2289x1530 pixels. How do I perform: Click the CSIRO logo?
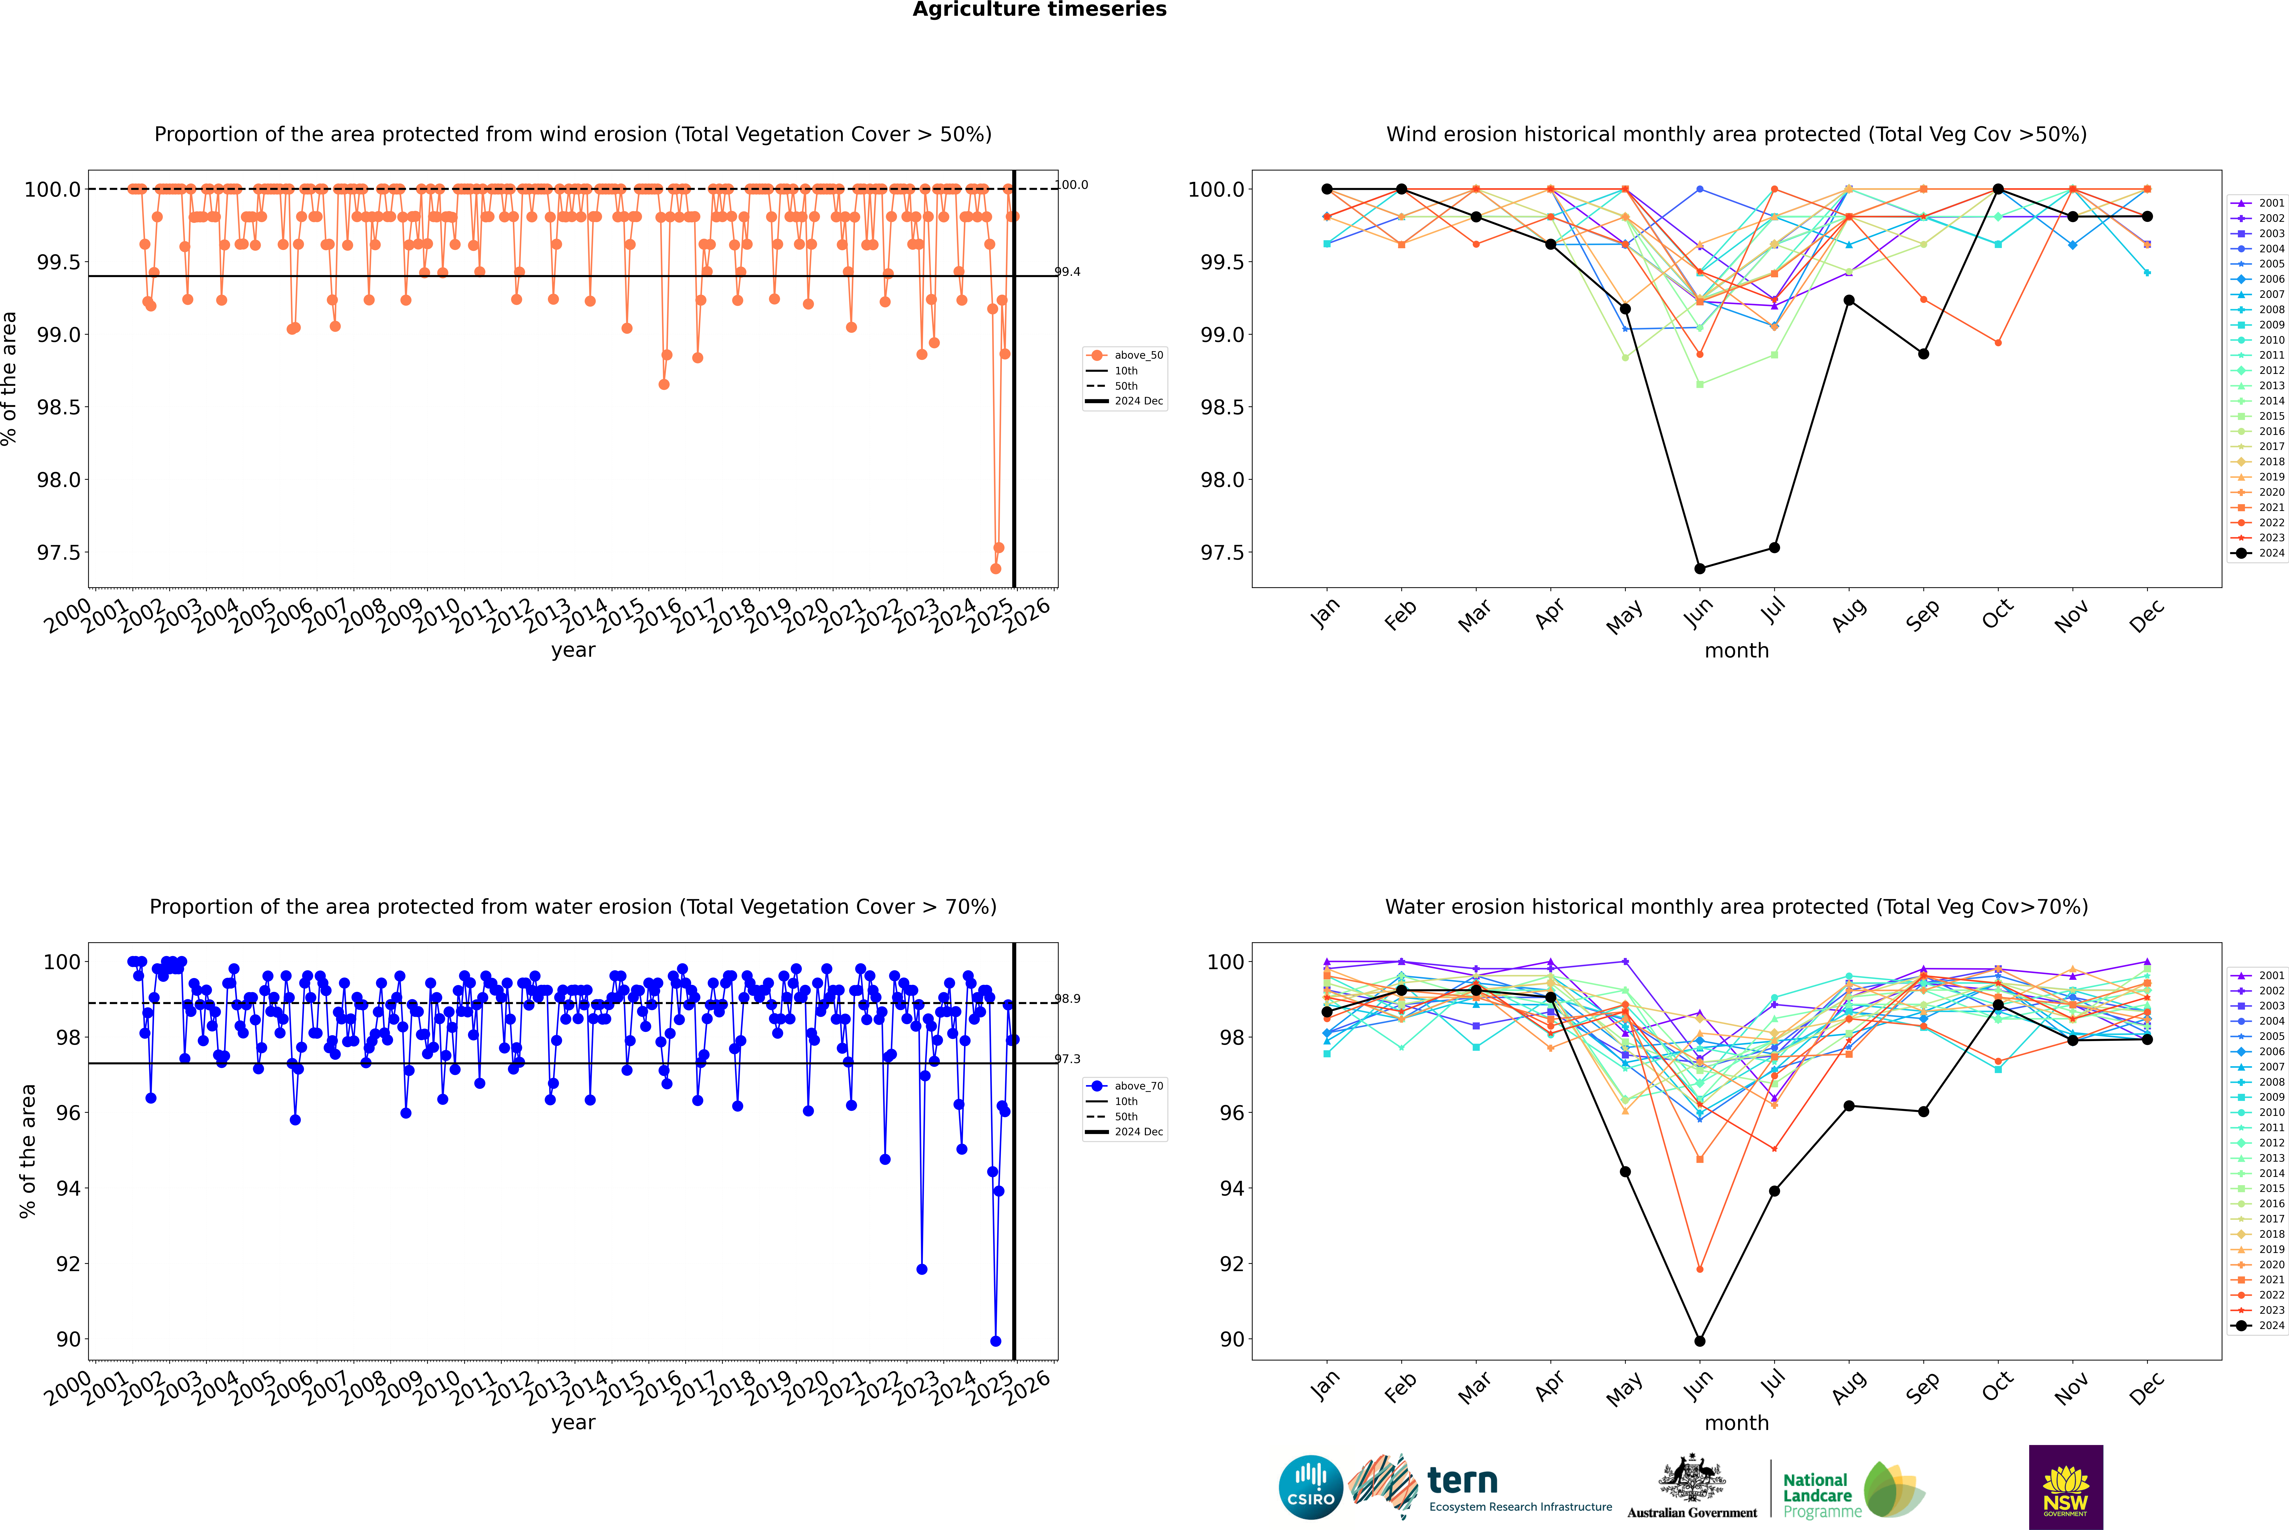[1310, 1487]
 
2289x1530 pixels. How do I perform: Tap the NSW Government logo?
[2065, 1487]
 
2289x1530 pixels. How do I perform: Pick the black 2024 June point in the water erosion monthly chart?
[1700, 1341]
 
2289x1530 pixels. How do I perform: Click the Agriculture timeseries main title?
[1039, 10]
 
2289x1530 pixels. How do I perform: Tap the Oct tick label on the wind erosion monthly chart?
[1996, 615]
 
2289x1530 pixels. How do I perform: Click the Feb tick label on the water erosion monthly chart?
[1399, 1388]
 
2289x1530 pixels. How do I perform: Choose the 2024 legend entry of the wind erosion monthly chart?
[2258, 553]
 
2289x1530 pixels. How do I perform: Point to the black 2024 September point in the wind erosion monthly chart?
[1923, 354]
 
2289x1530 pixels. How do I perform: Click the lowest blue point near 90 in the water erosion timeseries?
[995, 1341]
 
